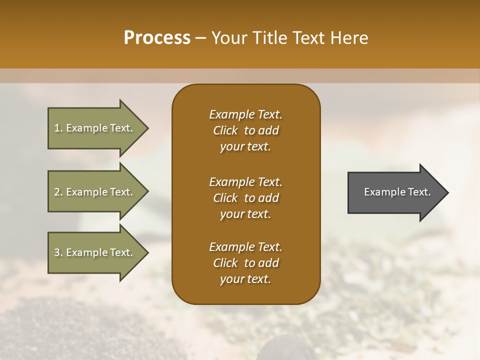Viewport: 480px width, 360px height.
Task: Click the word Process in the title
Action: (157, 38)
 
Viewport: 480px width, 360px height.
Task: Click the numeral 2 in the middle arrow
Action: (57, 192)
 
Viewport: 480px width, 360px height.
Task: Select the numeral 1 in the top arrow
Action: (57, 128)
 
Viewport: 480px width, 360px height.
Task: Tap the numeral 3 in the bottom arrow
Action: (57, 252)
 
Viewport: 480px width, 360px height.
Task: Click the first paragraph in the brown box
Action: (245, 130)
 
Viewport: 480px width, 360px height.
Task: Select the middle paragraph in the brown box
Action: (245, 198)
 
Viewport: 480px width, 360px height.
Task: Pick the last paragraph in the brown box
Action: (245, 263)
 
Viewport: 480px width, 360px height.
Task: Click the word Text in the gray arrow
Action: (419, 192)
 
